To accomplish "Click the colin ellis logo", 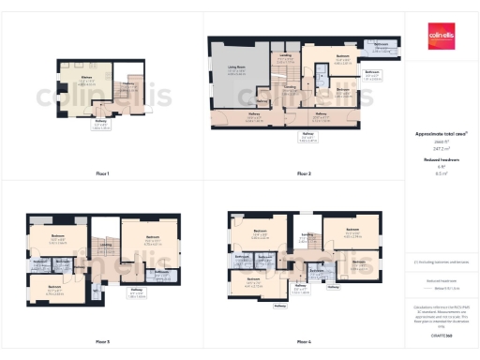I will [442, 33].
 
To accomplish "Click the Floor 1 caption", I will [102, 174].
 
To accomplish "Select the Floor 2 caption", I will [303, 174].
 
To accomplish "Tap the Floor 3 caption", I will [102, 341].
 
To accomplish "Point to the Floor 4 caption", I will [303, 341].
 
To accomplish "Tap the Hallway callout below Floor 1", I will [101, 125].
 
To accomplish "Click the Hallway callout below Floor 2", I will [307, 137].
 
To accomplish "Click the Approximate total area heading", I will [441, 133].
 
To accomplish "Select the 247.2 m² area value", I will [441, 147].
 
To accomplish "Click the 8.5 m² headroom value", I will [441, 172].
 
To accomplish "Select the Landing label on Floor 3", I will [106, 246].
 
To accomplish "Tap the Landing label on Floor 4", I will [307, 234].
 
